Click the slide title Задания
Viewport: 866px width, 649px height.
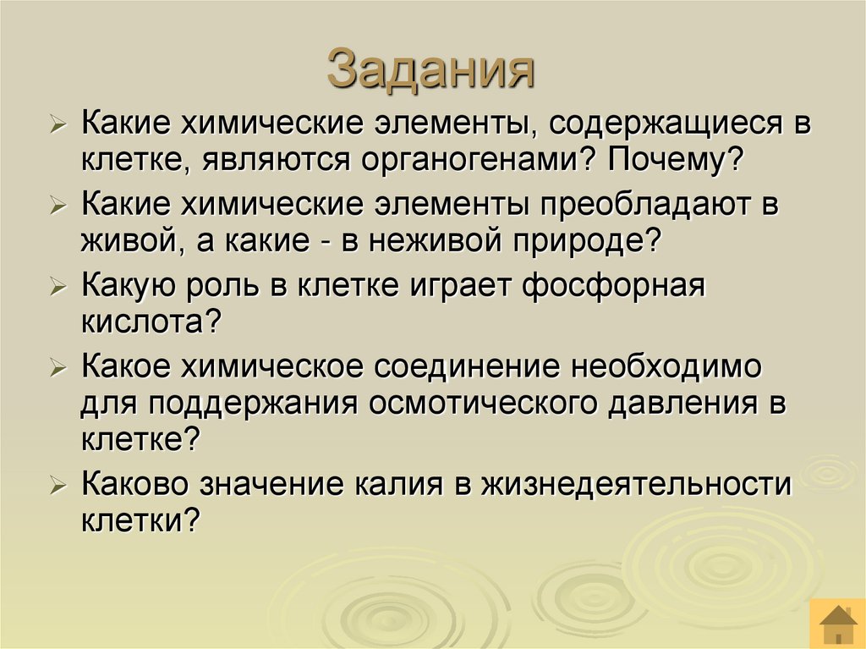431,69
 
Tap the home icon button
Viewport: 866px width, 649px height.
837,624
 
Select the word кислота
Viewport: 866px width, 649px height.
145,322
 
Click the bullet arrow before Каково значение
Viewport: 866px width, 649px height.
58,486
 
